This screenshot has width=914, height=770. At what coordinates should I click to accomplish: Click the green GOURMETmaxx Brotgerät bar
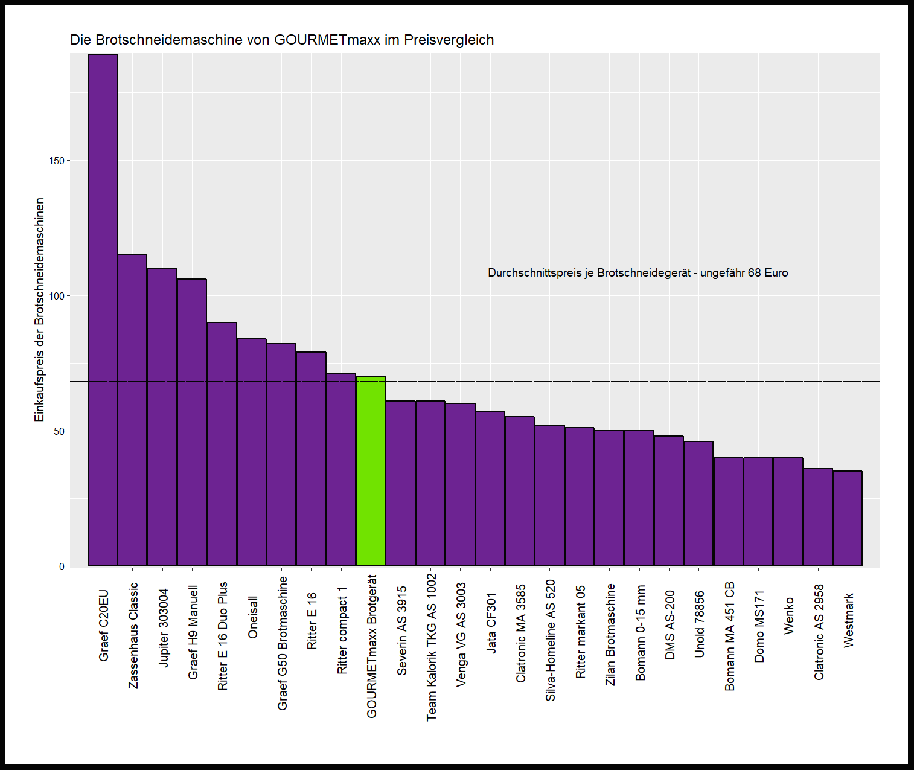[371, 471]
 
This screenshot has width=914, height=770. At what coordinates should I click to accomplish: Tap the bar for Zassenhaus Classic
[132, 411]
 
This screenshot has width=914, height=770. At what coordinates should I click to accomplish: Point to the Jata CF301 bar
[490, 489]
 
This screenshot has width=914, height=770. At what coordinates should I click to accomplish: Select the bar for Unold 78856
[698, 504]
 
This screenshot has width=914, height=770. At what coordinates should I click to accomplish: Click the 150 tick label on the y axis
[57, 161]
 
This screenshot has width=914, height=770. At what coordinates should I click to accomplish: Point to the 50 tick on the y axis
[59, 431]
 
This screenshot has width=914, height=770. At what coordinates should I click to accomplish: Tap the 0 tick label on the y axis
[62, 566]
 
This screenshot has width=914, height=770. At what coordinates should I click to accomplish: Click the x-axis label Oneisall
[253, 617]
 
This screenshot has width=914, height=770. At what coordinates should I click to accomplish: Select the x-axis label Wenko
[788, 615]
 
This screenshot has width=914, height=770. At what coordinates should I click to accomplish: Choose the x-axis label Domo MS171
[759, 626]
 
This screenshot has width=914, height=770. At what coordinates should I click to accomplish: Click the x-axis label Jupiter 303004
[163, 627]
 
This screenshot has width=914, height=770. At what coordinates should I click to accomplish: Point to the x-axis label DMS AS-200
[670, 624]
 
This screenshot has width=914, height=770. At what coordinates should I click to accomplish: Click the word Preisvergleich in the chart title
[449, 40]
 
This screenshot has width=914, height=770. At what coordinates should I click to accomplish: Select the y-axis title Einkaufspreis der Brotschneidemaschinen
[40, 309]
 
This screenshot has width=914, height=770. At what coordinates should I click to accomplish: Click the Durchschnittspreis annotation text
[638, 273]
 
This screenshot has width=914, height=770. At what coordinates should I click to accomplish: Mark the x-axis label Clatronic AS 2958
[819, 632]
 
